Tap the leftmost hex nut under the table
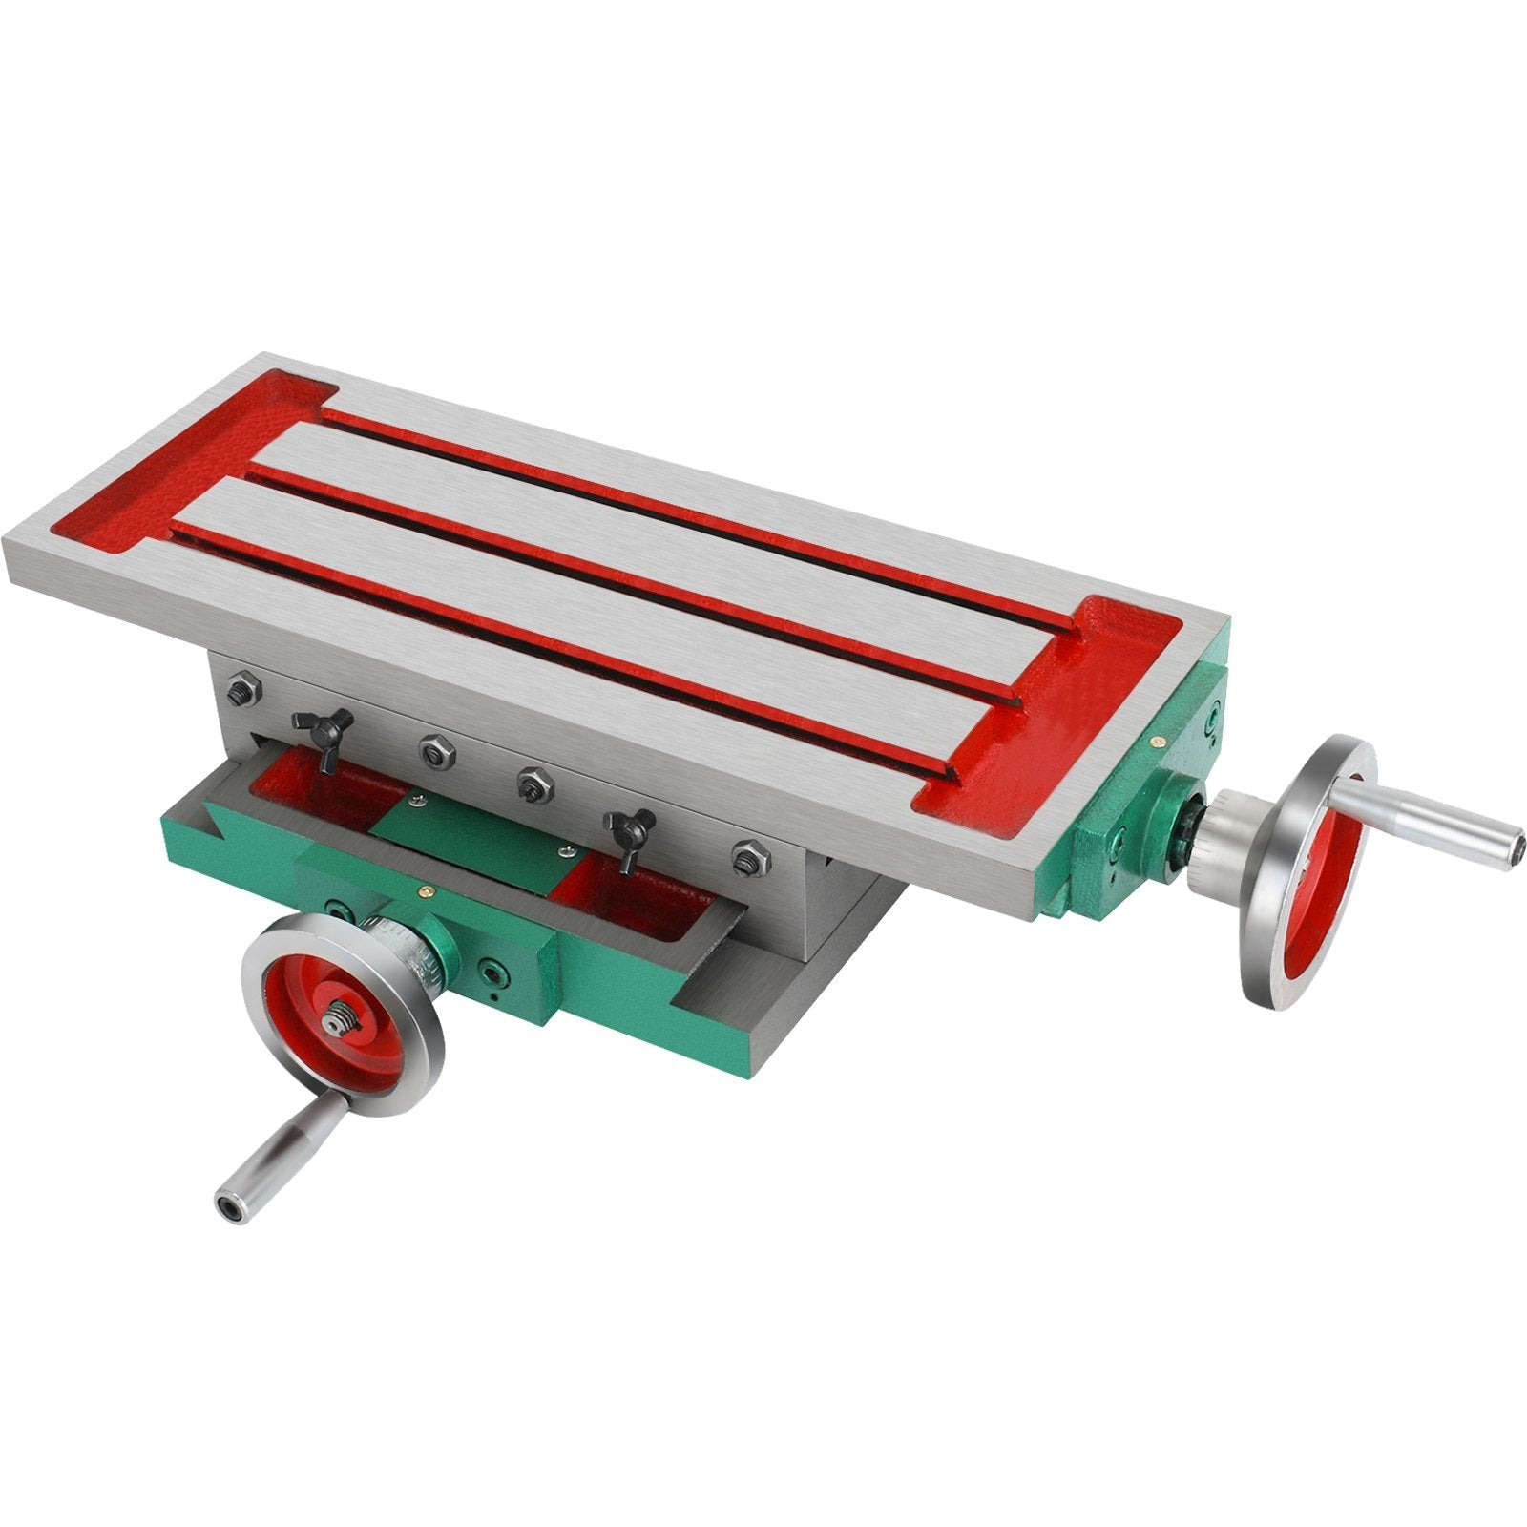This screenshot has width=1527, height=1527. (240, 690)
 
